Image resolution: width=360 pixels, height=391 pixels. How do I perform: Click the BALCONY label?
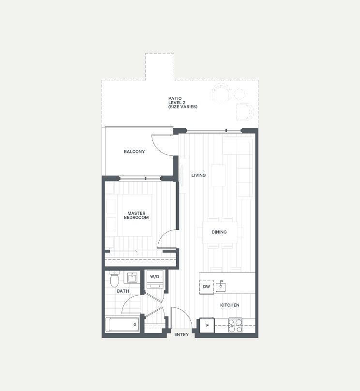coord(134,151)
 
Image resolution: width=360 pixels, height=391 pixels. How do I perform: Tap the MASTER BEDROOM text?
coord(136,215)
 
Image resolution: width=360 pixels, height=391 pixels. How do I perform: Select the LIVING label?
coord(198,175)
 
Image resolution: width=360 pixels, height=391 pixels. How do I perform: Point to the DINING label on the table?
coord(219,232)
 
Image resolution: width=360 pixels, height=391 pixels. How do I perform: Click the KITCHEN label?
coord(230,305)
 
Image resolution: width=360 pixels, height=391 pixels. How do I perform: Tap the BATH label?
coord(123,291)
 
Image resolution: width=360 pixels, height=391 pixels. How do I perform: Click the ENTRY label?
coord(181,335)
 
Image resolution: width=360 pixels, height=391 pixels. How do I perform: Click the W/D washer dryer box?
coord(155,280)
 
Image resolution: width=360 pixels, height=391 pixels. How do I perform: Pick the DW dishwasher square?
coord(207,287)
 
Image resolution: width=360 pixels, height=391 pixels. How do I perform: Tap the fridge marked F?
coord(207,325)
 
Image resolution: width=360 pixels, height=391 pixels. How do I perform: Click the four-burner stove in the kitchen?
coord(235,325)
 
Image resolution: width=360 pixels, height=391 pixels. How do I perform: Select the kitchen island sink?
coord(221,286)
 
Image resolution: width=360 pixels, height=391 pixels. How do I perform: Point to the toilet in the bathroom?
coord(115,279)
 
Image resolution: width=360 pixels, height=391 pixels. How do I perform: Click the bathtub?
coord(122,325)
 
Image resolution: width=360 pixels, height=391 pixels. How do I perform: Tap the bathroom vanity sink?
coord(132,278)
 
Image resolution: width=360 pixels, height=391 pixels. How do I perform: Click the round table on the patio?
coord(240,94)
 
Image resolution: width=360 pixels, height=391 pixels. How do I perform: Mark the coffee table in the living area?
coord(218,175)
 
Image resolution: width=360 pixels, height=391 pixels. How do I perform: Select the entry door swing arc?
coord(186,313)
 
